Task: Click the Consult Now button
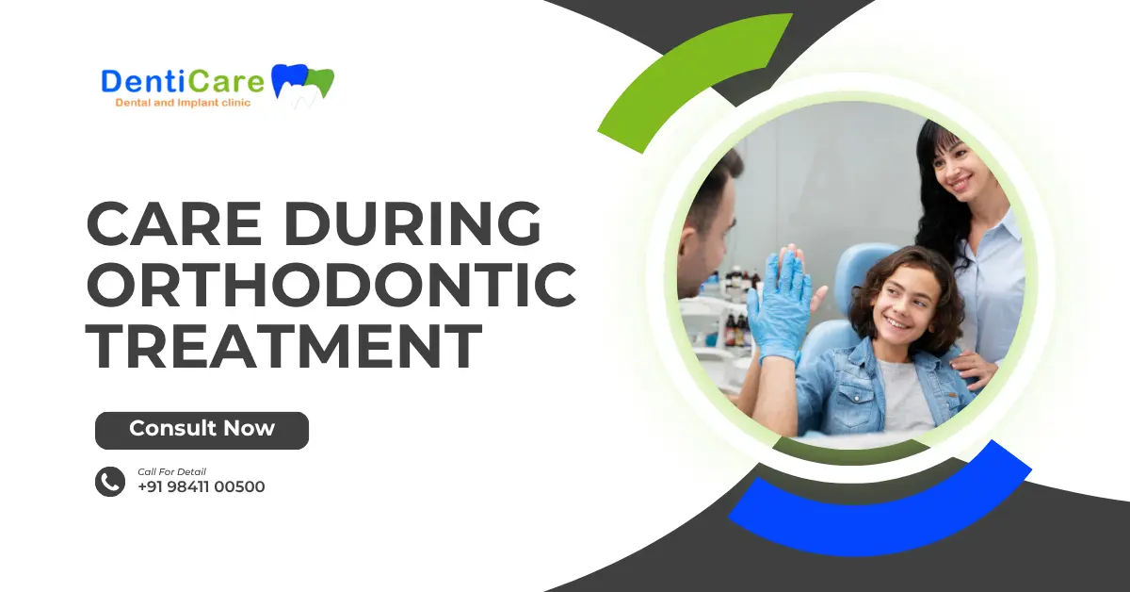tap(202, 430)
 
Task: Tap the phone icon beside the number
tap(110, 482)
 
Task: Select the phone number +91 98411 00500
tap(201, 487)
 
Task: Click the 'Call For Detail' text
tap(171, 471)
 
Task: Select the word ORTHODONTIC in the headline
tap(331, 287)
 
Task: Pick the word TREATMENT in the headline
tap(283, 346)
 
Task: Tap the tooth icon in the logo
tap(302, 83)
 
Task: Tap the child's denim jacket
tap(847, 386)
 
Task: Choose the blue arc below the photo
tap(876, 509)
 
